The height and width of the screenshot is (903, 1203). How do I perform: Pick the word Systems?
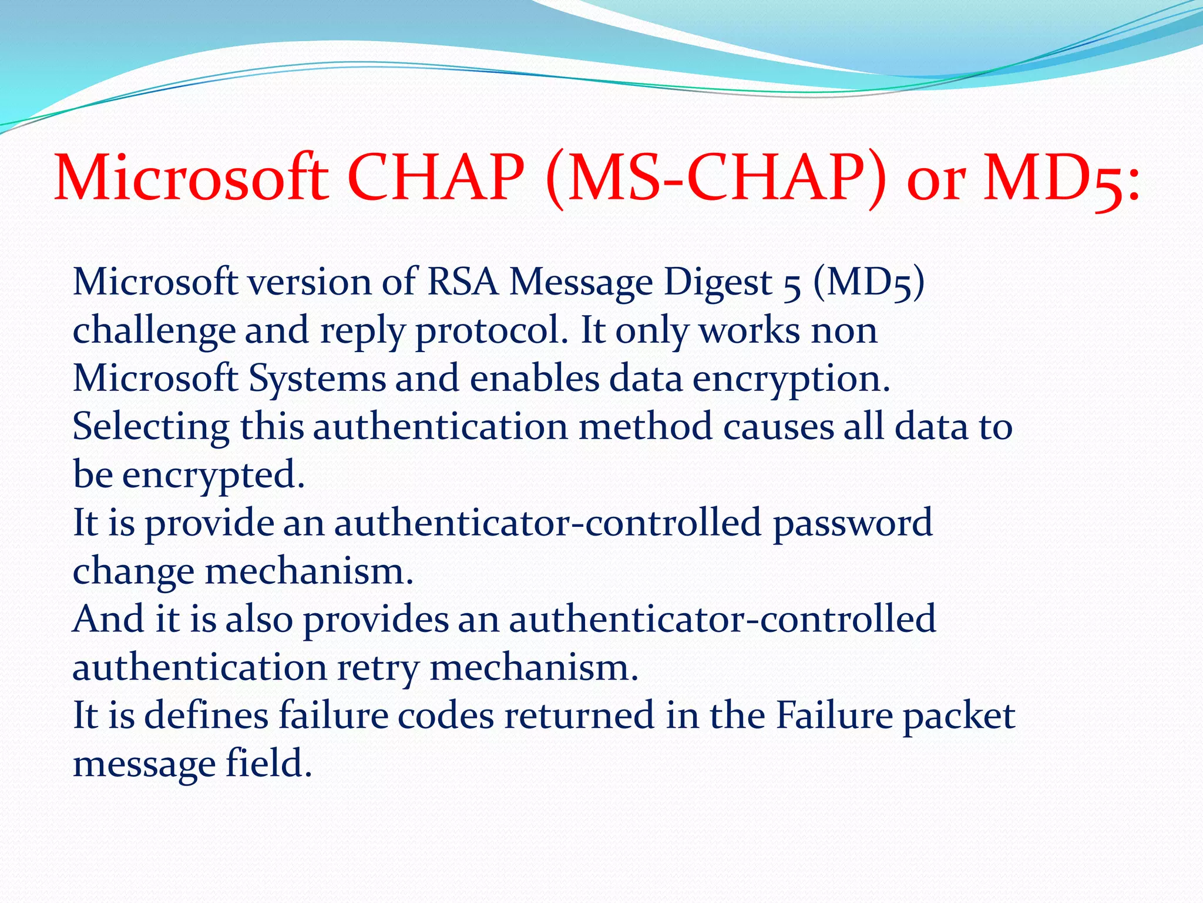317,378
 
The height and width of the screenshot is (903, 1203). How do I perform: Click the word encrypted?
214,475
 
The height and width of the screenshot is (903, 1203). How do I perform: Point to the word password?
852,523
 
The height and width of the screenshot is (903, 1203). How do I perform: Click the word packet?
959,716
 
